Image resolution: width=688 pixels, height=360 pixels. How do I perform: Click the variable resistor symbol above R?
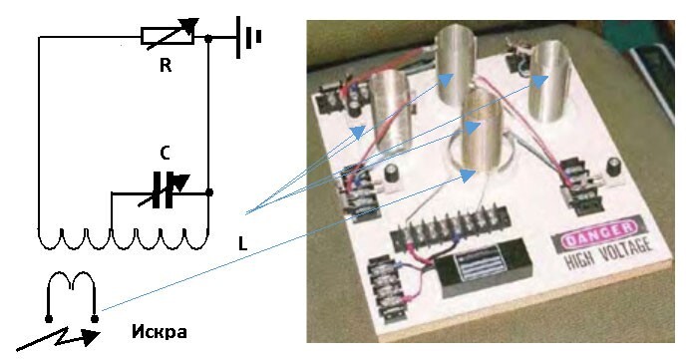pos(168,35)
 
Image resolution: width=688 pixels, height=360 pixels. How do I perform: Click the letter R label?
pos(166,66)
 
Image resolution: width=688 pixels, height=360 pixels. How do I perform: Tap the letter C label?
pos(165,154)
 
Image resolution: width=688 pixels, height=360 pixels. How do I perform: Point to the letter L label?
pos(243,243)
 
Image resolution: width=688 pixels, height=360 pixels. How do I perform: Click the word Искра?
pos(159,331)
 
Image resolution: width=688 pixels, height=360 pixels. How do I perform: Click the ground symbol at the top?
pos(248,37)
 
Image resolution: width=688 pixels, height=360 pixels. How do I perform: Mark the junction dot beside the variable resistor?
pos(208,39)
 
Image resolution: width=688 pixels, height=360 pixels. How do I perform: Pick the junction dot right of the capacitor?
pos(209,192)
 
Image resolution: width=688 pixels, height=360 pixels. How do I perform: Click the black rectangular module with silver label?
pos(483,267)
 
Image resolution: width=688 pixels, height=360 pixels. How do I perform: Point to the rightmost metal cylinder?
pos(549,82)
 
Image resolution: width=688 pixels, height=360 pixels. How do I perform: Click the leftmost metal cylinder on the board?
pos(391,110)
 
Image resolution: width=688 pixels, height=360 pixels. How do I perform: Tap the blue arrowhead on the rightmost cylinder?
pos(539,81)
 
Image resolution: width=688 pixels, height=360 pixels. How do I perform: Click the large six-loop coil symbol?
pos(123,239)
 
